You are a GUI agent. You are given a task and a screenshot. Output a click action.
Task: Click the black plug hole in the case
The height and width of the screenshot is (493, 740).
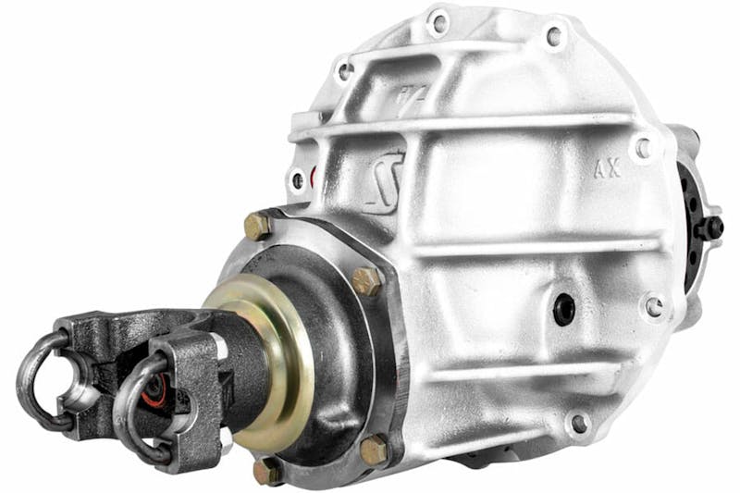click(x=563, y=309)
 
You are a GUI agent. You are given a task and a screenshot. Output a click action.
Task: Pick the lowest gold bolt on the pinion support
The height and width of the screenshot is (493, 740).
click(x=268, y=471)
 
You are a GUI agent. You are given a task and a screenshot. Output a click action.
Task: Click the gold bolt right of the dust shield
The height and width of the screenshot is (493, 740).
click(x=367, y=281)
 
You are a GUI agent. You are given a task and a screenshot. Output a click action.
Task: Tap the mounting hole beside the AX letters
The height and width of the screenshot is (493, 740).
click(x=642, y=147)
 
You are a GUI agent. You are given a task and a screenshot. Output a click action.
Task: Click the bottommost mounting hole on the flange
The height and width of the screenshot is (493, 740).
click(x=579, y=424)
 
